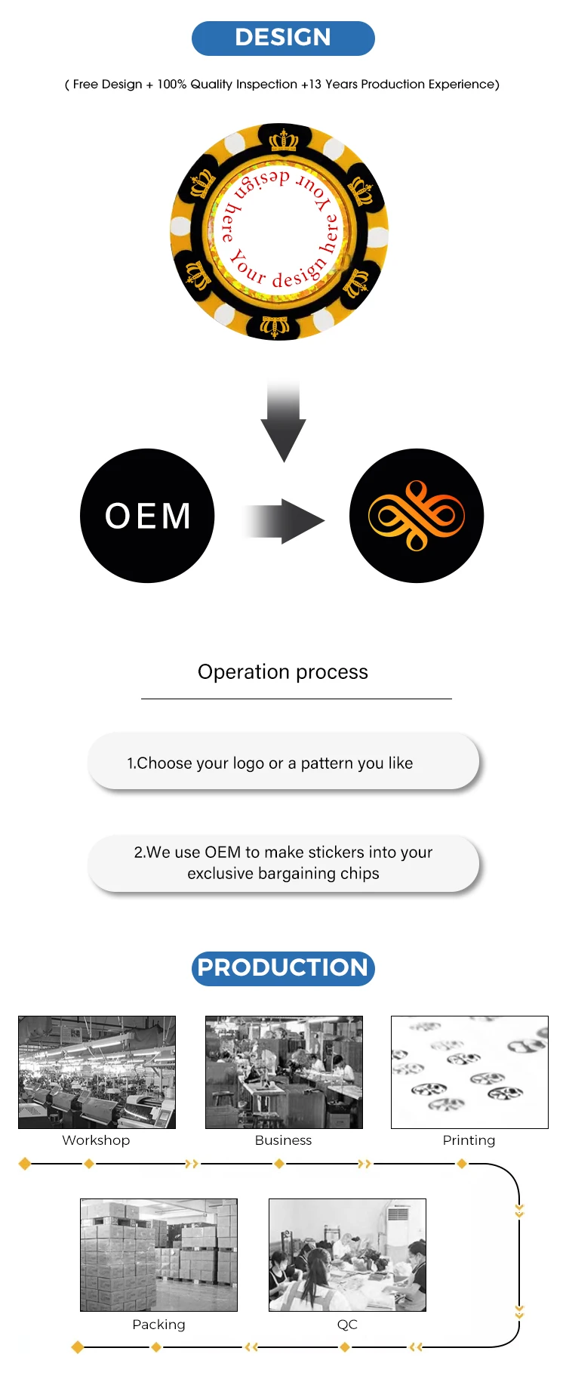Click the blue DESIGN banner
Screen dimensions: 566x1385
[283, 38]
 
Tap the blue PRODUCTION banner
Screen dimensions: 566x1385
[283, 968]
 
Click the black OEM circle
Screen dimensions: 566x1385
[147, 516]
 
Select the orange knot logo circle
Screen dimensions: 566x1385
[417, 516]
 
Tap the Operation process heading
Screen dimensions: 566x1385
[283, 672]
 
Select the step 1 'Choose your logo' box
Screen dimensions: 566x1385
[283, 763]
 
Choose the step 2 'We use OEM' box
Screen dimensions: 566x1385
[283, 863]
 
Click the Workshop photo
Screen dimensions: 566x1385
[97, 1072]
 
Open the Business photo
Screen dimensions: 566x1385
[284, 1072]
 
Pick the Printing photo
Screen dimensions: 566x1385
[469, 1072]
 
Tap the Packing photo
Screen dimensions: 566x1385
[158, 1255]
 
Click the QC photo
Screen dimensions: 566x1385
[347, 1255]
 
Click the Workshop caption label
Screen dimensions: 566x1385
[96, 1140]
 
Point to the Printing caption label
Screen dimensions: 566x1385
[469, 1140]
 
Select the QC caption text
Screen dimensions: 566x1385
[347, 1325]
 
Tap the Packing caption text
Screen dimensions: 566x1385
[158, 1325]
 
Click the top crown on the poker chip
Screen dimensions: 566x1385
[284, 140]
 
